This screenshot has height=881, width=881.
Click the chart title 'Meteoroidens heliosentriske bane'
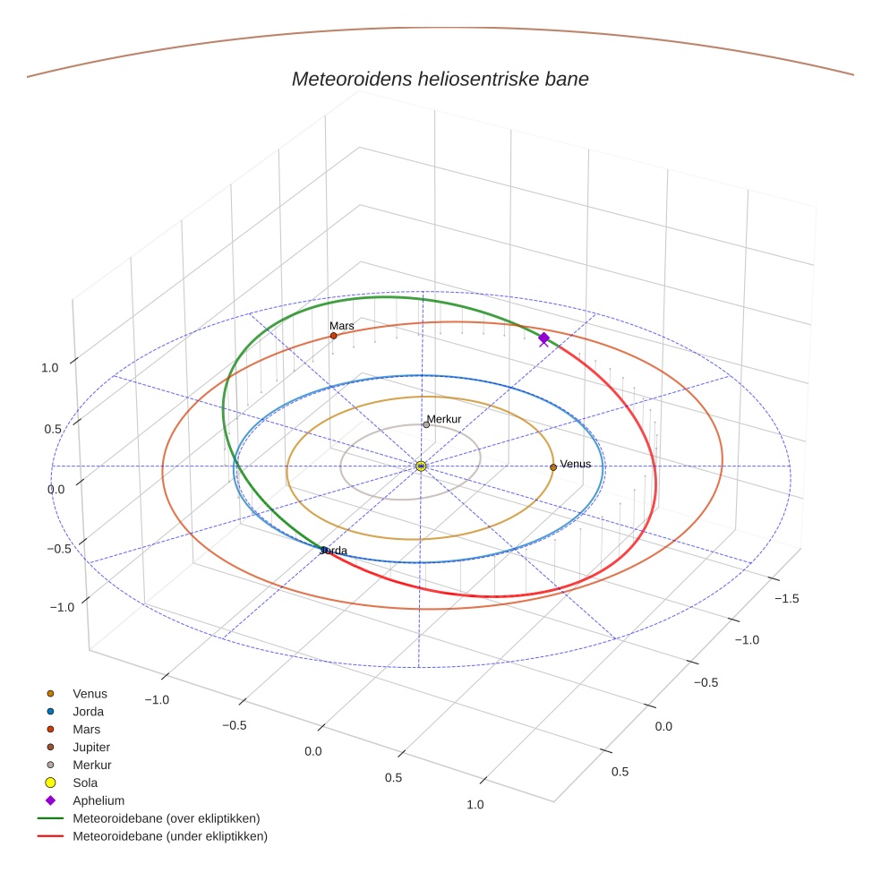point(440,79)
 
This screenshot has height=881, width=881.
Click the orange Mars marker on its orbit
point(333,336)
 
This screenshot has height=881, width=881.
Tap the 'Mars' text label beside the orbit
point(341,326)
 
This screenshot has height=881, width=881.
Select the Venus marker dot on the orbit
point(553,466)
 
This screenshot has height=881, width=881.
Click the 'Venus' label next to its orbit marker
point(575,464)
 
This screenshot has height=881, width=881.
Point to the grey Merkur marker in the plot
point(426,424)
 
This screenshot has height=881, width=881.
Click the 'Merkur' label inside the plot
point(443,419)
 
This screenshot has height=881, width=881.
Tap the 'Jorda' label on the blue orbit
point(334,551)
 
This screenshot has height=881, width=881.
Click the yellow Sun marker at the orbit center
point(421,466)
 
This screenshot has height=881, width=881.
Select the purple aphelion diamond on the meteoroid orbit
point(543,338)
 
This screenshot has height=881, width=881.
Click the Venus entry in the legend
point(90,694)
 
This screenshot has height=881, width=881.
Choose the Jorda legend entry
point(88,712)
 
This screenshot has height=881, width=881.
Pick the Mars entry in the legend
point(86,730)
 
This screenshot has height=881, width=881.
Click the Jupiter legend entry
point(91,747)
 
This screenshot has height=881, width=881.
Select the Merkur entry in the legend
point(91,765)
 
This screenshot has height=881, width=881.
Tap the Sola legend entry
point(85,783)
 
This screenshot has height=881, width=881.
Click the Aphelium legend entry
point(98,800)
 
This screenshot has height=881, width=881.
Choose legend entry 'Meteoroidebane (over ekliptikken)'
point(166,818)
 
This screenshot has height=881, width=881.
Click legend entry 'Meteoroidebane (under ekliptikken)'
point(169,836)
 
